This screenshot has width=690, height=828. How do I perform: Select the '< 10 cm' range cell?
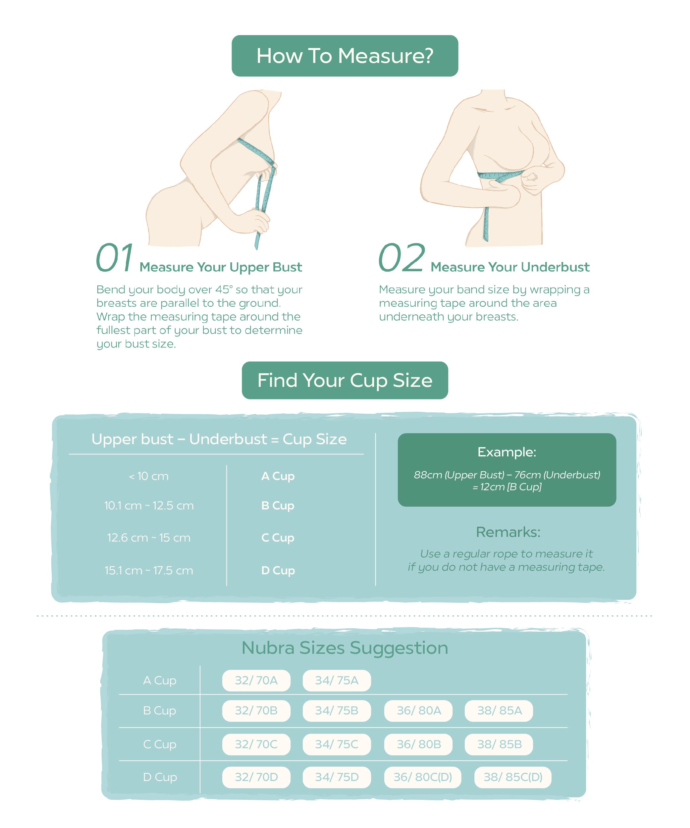[149, 476]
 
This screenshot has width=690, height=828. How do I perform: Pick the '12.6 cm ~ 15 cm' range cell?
[149, 538]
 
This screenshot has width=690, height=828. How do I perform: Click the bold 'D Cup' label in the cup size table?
[278, 571]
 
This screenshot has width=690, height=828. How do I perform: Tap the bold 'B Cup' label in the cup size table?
[278, 506]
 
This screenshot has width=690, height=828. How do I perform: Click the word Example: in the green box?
[507, 452]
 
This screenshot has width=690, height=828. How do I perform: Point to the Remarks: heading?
[508, 532]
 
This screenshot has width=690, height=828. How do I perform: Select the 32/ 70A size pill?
[256, 680]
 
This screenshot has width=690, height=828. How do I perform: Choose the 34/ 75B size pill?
[337, 710]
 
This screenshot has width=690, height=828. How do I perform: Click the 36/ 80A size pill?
[418, 710]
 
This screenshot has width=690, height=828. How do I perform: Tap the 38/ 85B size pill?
[499, 744]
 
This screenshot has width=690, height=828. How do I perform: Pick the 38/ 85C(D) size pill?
[512, 777]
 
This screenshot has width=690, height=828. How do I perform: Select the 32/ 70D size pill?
[256, 777]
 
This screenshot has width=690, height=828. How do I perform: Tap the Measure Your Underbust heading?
[510, 267]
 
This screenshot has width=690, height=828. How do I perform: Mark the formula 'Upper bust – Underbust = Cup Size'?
[219, 439]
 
